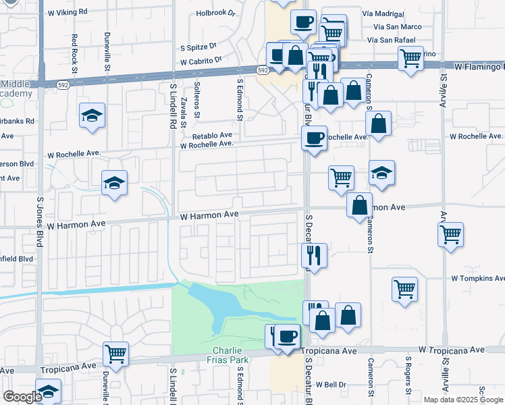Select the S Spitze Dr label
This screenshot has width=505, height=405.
point(198,47)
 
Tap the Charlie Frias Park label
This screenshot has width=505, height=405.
point(231,355)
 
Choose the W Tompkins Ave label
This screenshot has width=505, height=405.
point(477,278)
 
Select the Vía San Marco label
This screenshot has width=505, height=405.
point(395,27)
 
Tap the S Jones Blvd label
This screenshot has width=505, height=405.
point(40,223)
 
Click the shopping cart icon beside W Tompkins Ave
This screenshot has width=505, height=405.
point(404,289)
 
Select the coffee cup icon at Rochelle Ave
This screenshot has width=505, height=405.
point(314,138)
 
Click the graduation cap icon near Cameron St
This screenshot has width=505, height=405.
point(382,173)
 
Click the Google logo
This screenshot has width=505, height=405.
point(22,397)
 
